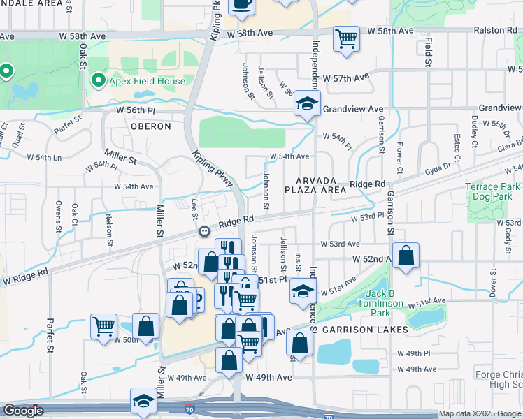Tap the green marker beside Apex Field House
pos(98,81)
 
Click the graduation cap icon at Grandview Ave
pos(306,104)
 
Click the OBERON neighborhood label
pos(150,126)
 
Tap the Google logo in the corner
pos(23,411)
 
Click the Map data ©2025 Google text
pos(479,413)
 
